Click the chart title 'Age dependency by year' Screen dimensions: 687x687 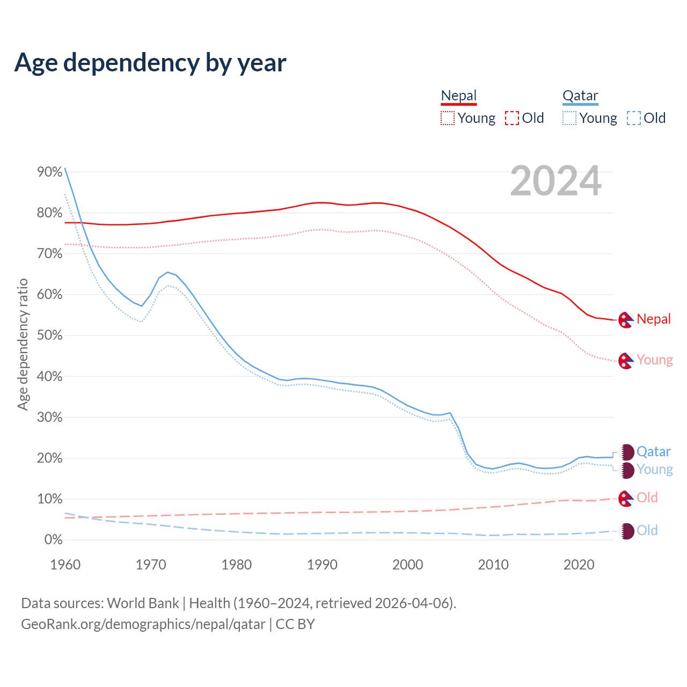pos(150,63)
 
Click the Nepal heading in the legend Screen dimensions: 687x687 pos(458,96)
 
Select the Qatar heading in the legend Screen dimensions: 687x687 pos(580,96)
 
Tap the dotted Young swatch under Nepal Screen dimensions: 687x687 pos(448,118)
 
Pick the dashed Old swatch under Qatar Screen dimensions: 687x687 pos(634,118)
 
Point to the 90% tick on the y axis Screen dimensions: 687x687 pos(50,172)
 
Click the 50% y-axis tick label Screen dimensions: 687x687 pos(50,335)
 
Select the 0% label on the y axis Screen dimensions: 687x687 pos(54,540)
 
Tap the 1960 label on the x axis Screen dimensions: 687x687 pos(65,565)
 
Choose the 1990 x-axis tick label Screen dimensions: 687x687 pos(322,565)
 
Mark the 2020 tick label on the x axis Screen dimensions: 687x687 pos(579,565)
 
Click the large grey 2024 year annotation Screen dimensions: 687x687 pos(556,181)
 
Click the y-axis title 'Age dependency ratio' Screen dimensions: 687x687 pos(23,344)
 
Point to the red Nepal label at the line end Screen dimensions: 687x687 pos(654,319)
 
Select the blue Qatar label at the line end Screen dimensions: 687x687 pos(654,452)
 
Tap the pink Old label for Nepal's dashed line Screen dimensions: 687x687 pos(647,498)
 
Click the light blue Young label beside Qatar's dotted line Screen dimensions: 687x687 pos(655,470)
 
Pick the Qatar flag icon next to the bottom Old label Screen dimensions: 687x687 pos(626,531)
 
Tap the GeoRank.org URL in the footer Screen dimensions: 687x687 pos(143,624)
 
